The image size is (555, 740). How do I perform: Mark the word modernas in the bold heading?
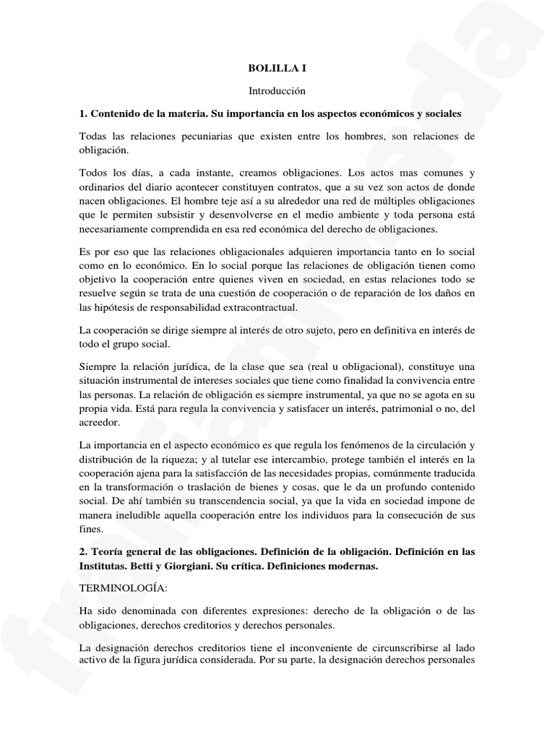coord(350,566)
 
